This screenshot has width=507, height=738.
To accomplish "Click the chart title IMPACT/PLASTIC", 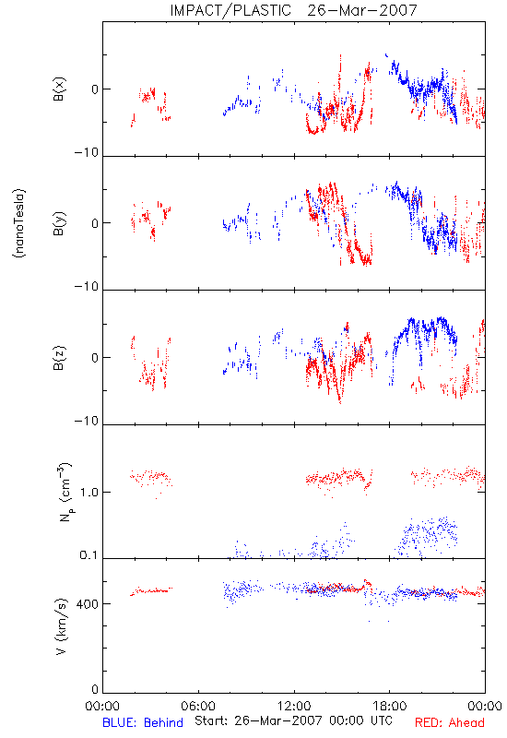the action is (x=230, y=10).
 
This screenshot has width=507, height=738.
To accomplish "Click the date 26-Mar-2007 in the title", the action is (x=362, y=10).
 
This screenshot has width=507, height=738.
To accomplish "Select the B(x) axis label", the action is (x=59, y=89).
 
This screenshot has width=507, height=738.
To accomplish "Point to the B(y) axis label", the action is (x=59, y=223).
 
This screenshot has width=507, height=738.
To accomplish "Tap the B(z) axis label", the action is (x=59, y=358).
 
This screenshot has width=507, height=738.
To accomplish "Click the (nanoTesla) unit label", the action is (x=19, y=223).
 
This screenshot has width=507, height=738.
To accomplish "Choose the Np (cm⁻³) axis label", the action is (x=64, y=492).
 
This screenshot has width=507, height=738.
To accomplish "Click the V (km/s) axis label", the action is (x=62, y=626).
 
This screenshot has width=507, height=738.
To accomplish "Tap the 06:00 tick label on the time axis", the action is (x=198, y=706).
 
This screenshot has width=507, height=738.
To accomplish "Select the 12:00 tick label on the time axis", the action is (x=294, y=706).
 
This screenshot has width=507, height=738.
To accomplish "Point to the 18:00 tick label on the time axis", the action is (x=390, y=706).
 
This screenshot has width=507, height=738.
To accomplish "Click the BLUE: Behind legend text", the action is (x=143, y=722).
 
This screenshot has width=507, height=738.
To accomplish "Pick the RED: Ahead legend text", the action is (x=450, y=722).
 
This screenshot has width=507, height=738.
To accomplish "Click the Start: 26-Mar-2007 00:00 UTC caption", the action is (x=293, y=720).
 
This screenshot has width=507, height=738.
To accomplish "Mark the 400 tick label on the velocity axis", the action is (x=88, y=604).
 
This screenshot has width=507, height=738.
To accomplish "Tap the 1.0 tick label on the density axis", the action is (x=88, y=493).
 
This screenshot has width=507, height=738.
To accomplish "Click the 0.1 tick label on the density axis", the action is (x=88, y=555).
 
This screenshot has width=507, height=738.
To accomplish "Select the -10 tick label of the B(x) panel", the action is (x=87, y=152).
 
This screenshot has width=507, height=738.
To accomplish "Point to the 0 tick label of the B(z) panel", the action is (x=95, y=358).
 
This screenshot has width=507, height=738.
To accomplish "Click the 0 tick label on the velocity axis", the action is (x=95, y=689).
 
